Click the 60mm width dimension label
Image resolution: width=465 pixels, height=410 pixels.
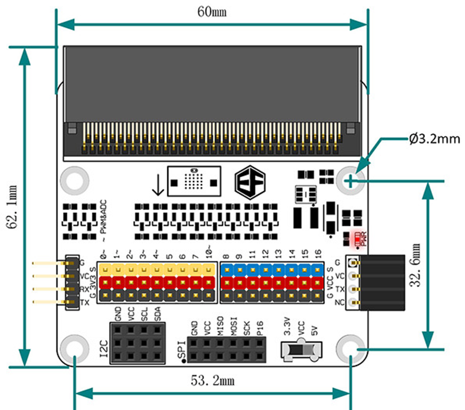point(212,12)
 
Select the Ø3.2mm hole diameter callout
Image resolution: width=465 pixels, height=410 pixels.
point(434,139)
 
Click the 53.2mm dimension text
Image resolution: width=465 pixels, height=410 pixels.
point(213,380)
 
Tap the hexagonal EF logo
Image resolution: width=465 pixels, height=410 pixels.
point(250,182)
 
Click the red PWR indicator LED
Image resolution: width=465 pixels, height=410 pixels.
point(357,238)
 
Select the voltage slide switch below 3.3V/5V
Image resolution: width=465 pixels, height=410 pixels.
point(302,350)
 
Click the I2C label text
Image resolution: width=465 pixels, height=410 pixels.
point(104,348)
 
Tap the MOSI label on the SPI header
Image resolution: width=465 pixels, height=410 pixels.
point(234,326)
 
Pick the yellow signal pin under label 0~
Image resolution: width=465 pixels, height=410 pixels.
point(105,269)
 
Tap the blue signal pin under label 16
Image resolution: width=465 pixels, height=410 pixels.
point(317,269)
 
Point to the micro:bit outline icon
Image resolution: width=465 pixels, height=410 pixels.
point(194,181)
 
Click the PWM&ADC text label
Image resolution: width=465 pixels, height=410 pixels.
point(103,219)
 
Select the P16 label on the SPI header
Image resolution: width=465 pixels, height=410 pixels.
point(260,328)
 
